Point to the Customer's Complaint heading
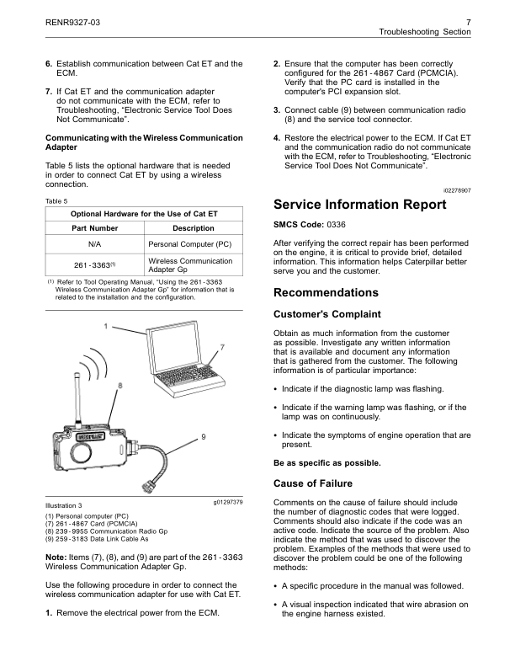[327, 314]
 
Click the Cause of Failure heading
[313, 483]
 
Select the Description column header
[193, 228]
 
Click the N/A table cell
[95, 245]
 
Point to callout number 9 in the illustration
[203, 435]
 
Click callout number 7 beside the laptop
[222, 347]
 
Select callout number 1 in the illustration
[105, 325]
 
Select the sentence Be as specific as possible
[327, 462]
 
